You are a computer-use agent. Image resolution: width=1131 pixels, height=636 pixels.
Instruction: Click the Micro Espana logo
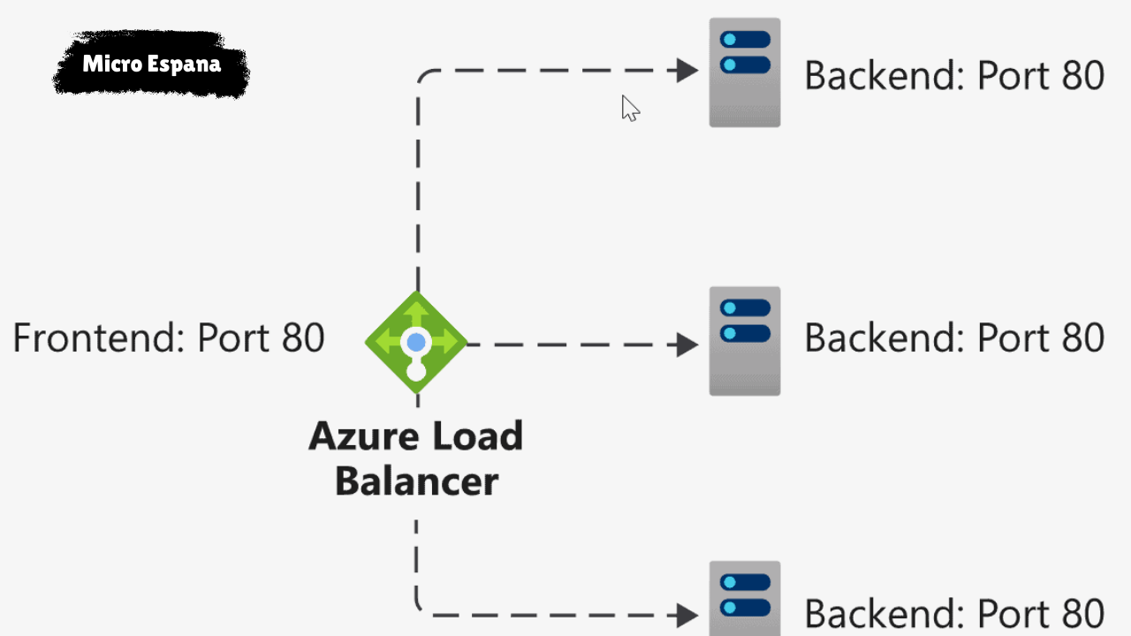151,64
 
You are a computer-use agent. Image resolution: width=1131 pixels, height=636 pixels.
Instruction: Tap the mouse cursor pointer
629,107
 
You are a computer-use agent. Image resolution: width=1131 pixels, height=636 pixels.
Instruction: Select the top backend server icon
744,72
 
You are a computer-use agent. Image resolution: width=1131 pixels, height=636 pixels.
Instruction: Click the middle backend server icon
744,341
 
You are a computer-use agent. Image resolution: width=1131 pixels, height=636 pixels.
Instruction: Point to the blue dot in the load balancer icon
416,342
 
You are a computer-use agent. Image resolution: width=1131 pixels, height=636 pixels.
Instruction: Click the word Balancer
416,482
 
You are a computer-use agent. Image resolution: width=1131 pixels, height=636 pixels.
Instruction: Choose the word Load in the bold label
476,437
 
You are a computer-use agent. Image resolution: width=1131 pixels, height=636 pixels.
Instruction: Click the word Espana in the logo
186,64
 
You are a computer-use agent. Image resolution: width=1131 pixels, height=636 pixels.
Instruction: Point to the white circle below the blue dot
416,371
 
